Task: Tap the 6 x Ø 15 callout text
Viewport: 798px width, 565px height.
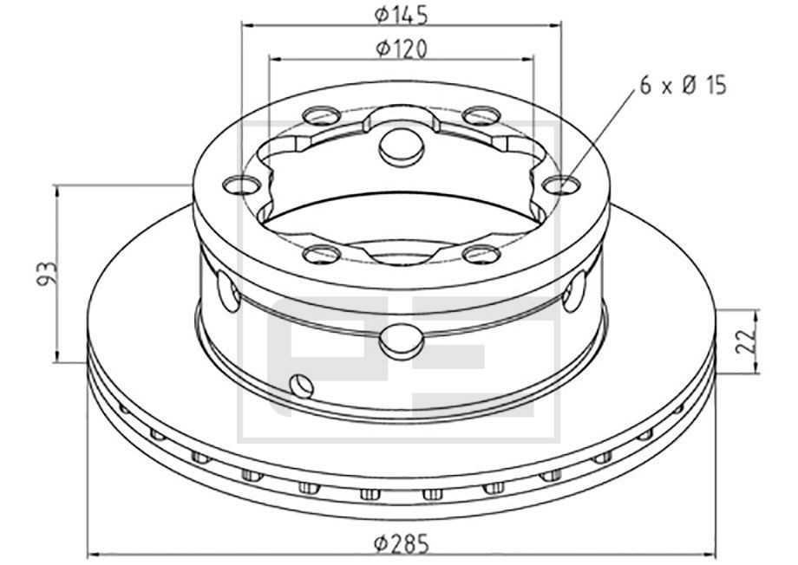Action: pos(682,85)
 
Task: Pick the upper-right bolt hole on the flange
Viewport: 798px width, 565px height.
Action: pos(479,114)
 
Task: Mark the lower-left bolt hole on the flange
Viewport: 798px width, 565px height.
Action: pos(323,254)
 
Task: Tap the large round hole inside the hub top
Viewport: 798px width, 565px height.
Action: pos(400,148)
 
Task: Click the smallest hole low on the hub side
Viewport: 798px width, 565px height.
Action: pos(300,384)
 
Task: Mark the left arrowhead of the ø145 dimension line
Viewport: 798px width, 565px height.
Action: pos(246,25)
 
